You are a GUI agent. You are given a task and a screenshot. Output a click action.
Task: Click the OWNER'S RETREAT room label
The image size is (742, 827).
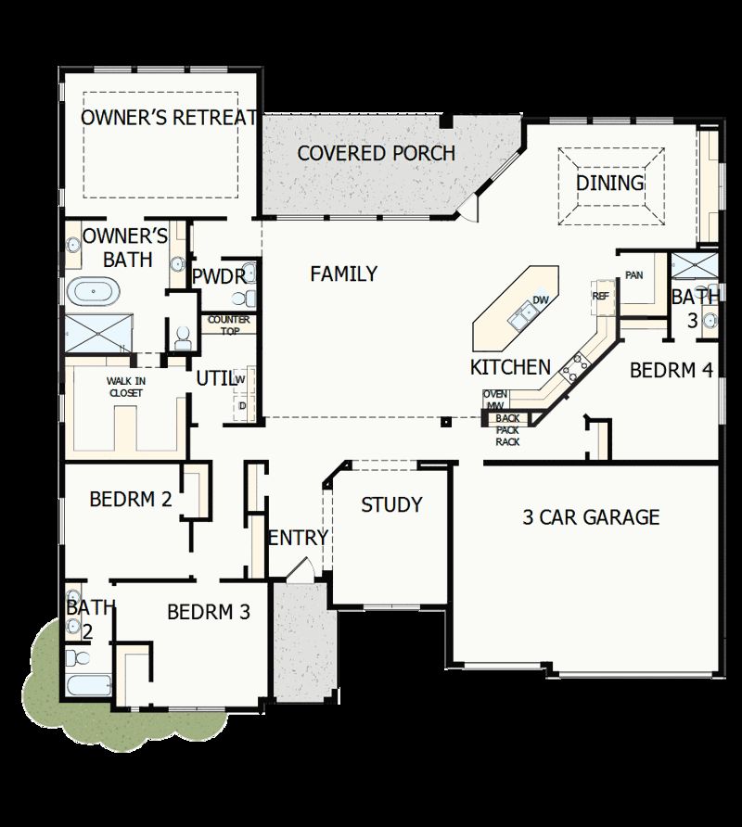(x=168, y=118)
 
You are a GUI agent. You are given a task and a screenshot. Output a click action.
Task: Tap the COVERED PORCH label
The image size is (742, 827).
(x=376, y=153)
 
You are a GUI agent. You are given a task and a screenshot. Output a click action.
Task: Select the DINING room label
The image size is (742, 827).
(x=610, y=183)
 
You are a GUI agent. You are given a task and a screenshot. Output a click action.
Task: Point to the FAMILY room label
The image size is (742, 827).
(x=343, y=274)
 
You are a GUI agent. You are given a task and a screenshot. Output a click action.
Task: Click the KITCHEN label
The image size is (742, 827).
(x=510, y=367)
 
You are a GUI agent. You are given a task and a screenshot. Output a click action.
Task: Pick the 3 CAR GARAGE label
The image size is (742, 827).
(x=591, y=517)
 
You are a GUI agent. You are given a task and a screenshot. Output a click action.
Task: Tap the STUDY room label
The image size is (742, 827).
(x=391, y=505)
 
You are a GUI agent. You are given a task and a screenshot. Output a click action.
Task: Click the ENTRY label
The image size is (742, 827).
(x=298, y=538)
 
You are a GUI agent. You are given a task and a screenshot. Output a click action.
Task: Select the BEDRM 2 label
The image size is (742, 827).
(x=131, y=500)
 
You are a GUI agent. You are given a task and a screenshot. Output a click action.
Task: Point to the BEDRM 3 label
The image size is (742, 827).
(x=209, y=612)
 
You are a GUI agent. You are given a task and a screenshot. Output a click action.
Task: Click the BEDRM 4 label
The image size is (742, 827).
(x=672, y=371)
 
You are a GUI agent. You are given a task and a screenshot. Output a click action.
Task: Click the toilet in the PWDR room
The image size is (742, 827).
(x=243, y=299)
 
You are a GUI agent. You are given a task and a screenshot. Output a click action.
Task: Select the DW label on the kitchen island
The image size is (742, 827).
(x=541, y=301)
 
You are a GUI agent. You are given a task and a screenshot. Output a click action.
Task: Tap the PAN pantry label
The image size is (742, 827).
(x=634, y=275)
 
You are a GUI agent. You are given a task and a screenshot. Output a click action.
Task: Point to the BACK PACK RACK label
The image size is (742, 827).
(x=507, y=430)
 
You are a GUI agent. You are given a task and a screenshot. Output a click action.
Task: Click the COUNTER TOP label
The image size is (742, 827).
(x=228, y=324)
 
